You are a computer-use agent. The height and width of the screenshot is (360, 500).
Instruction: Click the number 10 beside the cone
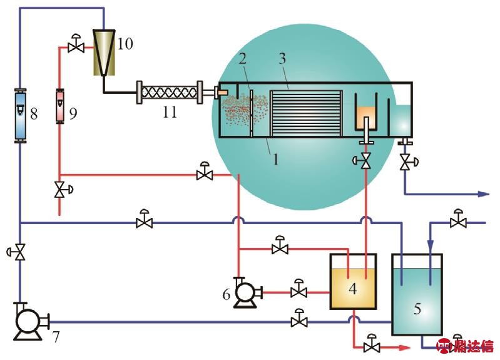tap(125, 43)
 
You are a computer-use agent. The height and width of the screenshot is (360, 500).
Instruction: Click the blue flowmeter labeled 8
tap(20, 115)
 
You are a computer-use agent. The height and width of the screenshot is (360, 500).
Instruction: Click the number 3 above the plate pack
tap(282, 60)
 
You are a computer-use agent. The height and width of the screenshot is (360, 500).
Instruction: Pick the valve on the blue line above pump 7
tap(20, 252)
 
